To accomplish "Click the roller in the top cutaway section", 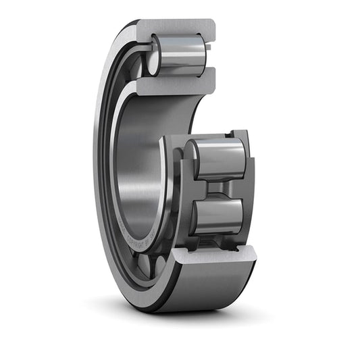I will (181, 55).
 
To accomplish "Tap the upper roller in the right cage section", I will (220, 159).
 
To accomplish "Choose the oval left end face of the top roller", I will (154, 55).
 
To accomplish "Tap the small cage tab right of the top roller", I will (210, 47).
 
